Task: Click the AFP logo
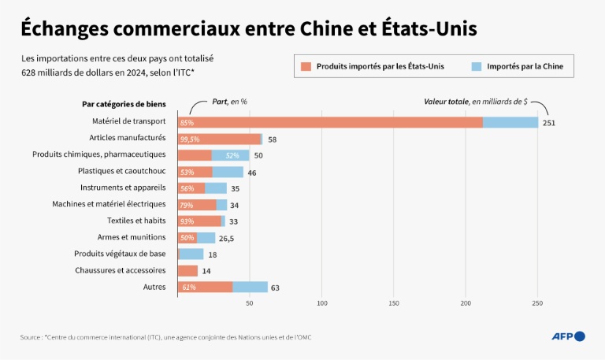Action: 568,336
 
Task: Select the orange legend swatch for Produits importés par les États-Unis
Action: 306,66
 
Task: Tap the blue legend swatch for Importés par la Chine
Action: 476,66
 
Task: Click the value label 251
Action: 549,123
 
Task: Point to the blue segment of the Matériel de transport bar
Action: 510,122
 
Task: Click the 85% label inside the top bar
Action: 187,123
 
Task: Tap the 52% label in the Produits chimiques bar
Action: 232,155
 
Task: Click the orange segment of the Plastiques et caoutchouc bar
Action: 195,172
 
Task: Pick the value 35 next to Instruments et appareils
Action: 236,188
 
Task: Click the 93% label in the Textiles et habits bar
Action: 187,221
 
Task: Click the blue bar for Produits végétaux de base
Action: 191,254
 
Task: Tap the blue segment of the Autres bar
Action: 250,287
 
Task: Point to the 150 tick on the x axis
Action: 394,302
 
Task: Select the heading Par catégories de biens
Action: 123,104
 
